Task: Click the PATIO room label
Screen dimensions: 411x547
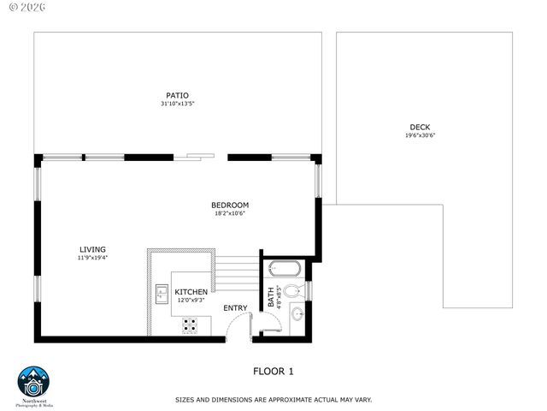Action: point(178,95)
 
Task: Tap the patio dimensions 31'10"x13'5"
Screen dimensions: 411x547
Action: point(178,104)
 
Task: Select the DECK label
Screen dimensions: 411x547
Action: point(421,127)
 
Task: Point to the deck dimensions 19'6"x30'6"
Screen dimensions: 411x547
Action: point(421,135)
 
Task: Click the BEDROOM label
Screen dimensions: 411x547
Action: point(230,205)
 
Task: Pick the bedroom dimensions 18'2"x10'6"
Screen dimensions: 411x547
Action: point(230,213)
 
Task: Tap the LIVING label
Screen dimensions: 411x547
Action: point(92,249)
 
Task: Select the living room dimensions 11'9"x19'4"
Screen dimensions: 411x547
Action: point(92,258)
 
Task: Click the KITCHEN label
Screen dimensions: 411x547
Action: point(192,292)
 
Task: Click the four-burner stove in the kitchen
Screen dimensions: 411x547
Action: point(190,325)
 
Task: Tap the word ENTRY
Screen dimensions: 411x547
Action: point(235,308)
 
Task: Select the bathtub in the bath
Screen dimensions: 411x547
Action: point(284,270)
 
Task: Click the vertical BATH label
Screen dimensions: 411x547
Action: point(271,297)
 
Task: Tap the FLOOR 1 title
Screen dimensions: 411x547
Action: point(273,372)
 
